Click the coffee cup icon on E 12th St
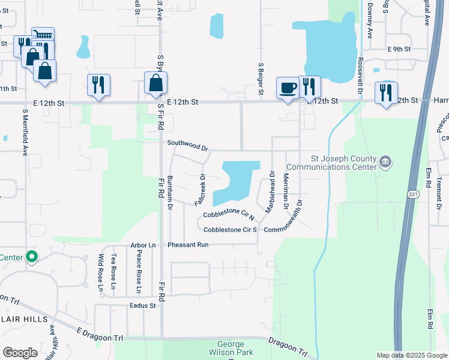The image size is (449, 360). (288, 88)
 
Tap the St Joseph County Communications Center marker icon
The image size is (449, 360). (386, 161)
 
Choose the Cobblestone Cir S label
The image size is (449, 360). (230, 230)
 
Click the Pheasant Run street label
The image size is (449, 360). (188, 245)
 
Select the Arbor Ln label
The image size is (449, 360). (143, 245)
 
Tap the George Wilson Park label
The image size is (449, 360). (231, 349)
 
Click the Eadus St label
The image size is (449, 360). (142, 305)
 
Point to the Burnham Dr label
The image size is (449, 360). (170, 193)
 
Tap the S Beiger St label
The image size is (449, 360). (261, 78)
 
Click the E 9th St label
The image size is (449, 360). (399, 49)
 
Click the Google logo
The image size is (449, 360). (20, 353)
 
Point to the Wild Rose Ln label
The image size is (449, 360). (101, 272)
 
